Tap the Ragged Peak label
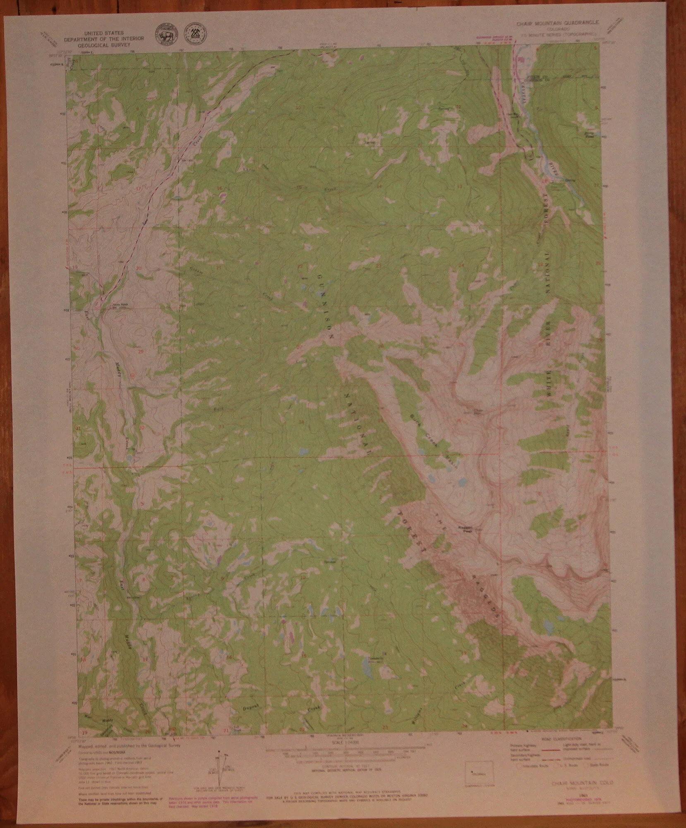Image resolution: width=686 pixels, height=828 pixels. pos(464,529)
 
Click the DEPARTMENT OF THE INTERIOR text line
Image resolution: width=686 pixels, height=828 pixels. pos(104,38)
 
